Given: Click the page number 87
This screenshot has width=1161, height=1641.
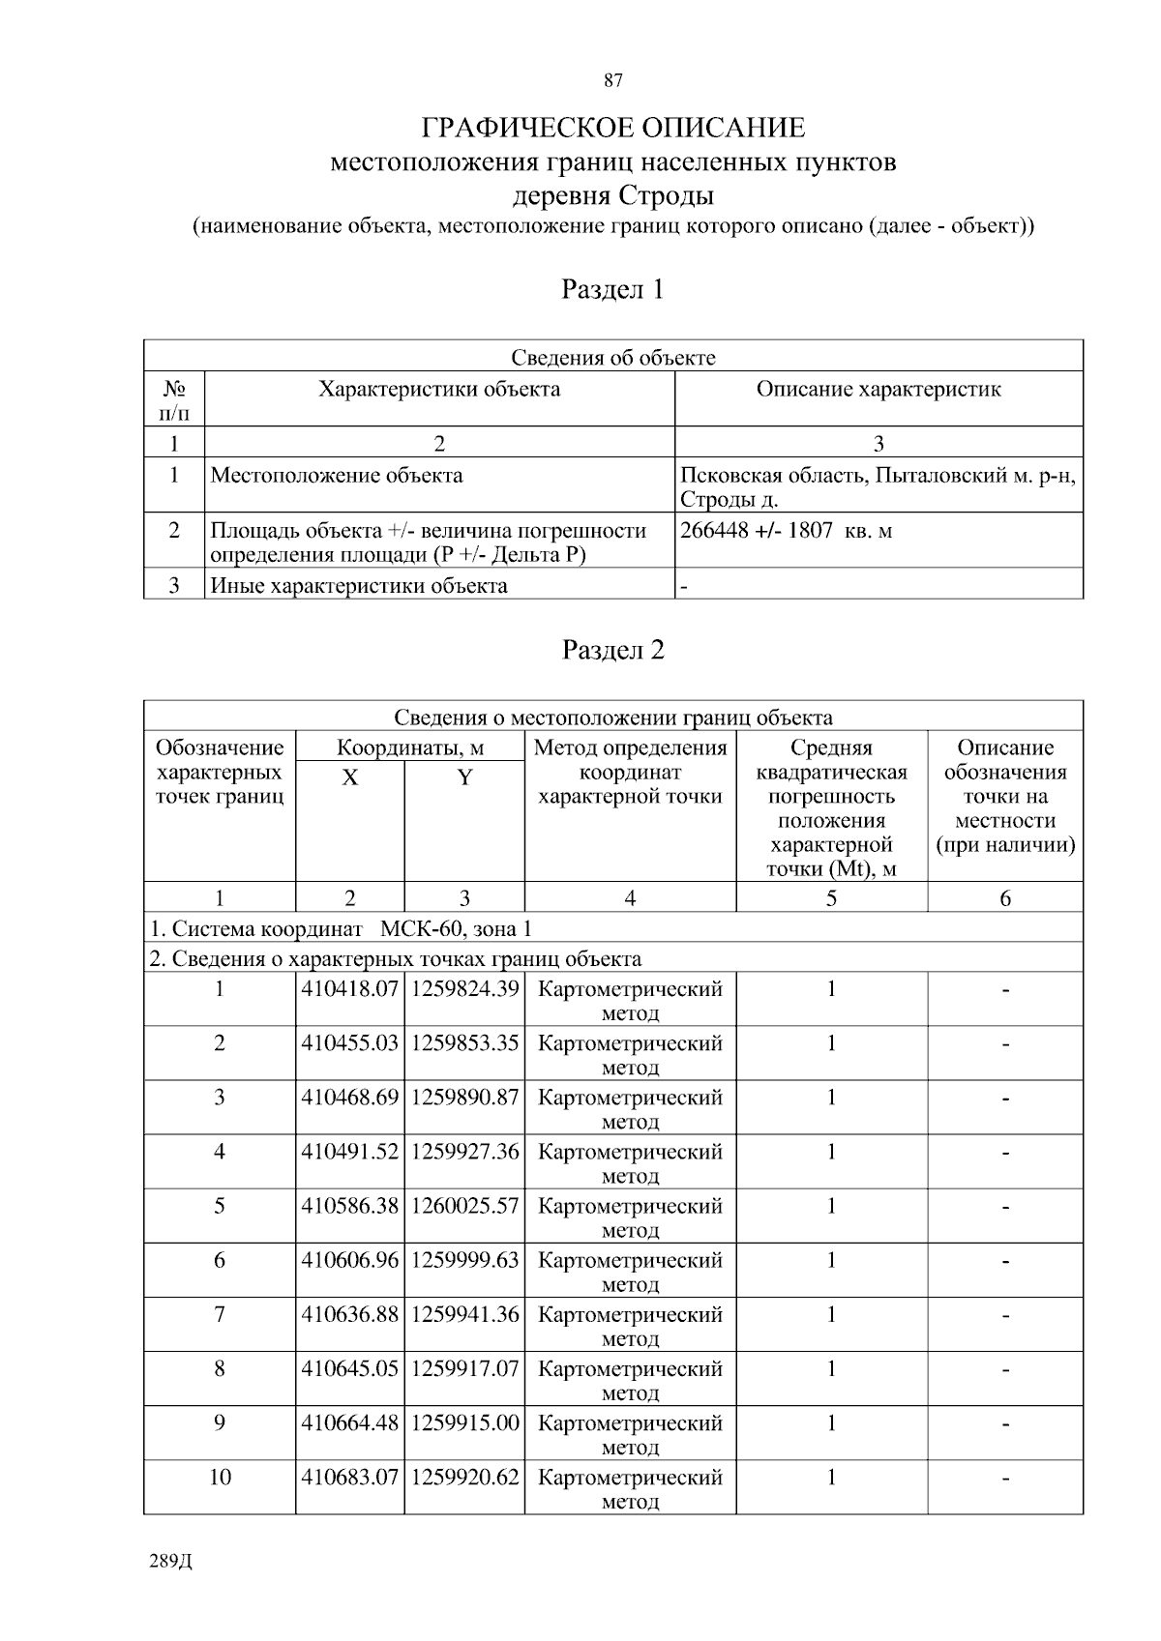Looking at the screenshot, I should click(x=612, y=80).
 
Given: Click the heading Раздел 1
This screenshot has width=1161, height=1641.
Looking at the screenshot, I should click(x=612, y=289).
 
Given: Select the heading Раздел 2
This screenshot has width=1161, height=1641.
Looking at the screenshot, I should click(x=612, y=650).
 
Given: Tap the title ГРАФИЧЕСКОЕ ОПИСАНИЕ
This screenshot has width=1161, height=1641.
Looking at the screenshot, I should click(x=612, y=128).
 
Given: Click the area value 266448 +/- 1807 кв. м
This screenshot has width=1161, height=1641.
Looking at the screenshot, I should click(x=786, y=530).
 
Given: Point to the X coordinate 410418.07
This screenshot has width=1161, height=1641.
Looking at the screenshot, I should click(x=349, y=989).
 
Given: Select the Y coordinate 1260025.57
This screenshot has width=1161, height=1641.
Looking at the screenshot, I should click(x=464, y=1206).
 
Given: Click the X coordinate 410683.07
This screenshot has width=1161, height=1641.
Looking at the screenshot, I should click(x=349, y=1477).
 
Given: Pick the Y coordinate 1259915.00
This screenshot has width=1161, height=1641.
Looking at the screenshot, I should click(x=464, y=1422).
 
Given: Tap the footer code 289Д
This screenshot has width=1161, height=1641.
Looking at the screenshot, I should click(x=172, y=1562).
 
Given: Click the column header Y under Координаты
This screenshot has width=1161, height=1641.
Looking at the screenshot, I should click(x=464, y=777).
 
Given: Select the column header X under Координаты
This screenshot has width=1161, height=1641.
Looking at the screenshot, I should click(x=349, y=777).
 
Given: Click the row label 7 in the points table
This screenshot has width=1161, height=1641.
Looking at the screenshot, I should click(x=220, y=1314).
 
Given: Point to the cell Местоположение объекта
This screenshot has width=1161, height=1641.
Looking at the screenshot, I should click(x=337, y=476).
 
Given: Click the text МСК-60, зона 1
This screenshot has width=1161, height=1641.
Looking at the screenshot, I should click(x=456, y=929).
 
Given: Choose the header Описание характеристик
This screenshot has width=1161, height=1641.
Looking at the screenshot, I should click(x=878, y=390).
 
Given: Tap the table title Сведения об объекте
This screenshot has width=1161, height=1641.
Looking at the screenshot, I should click(x=612, y=358).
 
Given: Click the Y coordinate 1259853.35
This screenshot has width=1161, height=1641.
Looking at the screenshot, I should click(x=464, y=1043).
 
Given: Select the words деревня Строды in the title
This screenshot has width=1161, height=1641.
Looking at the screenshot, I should click(x=612, y=196).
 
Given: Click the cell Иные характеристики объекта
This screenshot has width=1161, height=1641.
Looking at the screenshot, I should click(x=359, y=585).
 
